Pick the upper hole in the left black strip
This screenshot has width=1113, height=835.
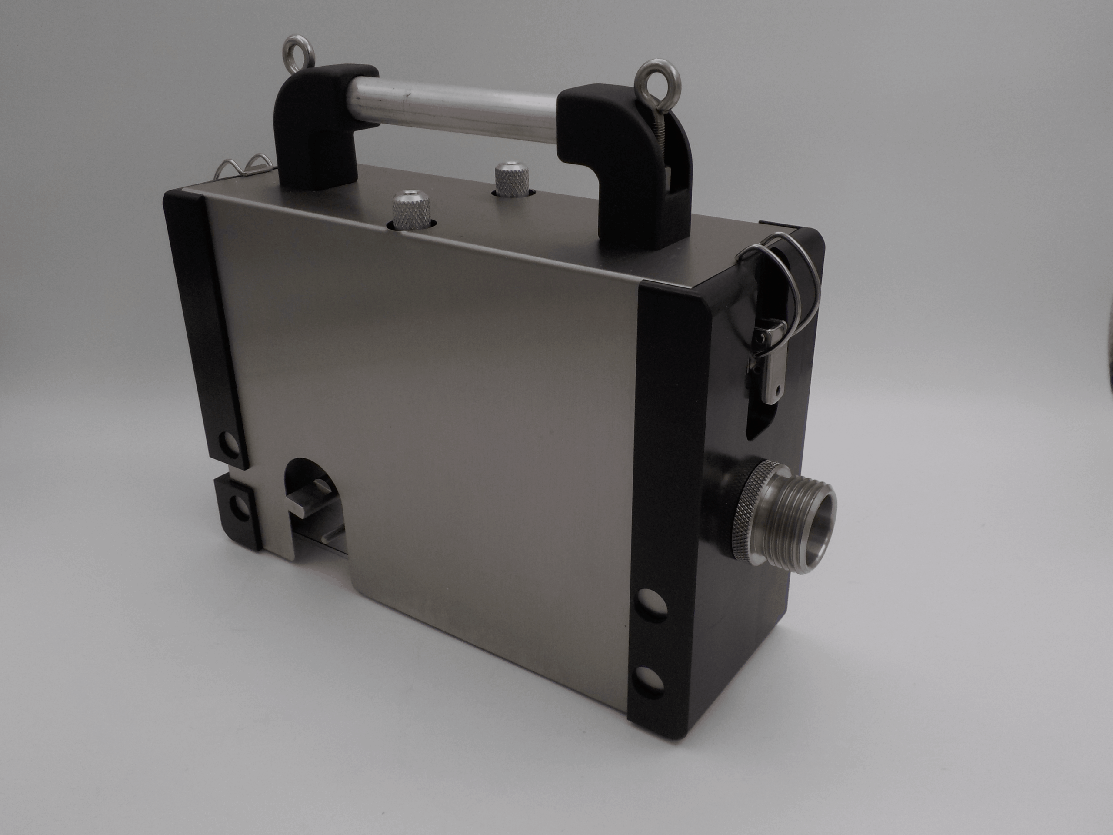click(230, 444)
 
